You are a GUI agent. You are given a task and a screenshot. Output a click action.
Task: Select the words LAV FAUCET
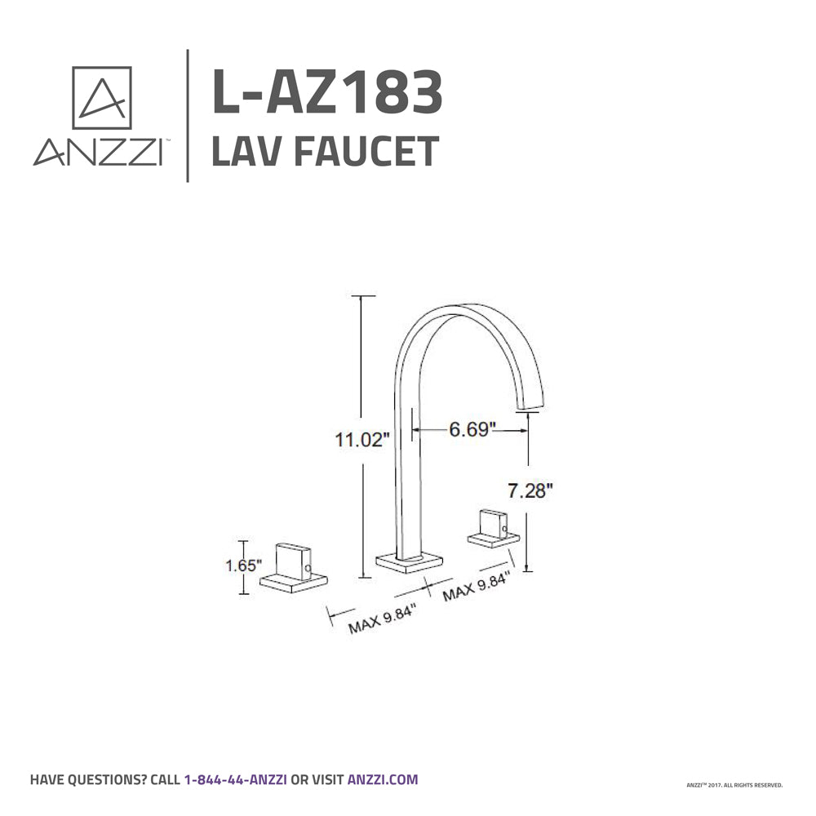coord(325,152)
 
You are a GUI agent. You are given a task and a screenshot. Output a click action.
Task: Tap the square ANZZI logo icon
coord(102,98)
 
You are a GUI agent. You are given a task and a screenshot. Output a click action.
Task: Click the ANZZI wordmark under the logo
coord(96,153)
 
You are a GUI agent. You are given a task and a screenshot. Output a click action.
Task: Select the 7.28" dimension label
coord(530,490)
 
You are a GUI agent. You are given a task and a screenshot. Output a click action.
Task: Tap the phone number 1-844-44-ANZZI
coord(235,779)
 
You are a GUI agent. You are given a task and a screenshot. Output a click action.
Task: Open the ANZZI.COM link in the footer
coord(383,779)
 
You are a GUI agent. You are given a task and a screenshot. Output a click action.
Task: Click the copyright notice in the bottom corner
coord(734,785)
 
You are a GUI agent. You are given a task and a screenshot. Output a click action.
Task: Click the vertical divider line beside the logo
coord(188,115)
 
